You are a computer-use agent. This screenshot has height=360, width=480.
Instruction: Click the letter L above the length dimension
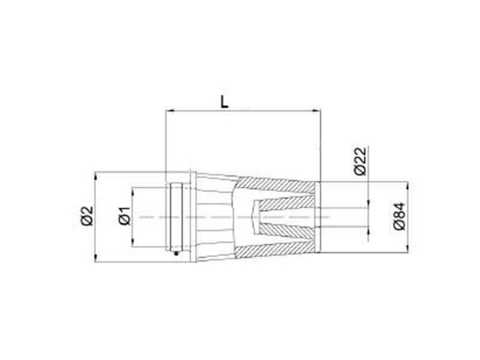click(224, 101)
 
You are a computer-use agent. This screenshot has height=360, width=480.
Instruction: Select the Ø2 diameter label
click(87, 216)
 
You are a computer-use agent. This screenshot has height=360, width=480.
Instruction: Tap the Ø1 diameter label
click(125, 216)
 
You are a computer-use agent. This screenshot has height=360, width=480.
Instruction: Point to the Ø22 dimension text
click(360, 161)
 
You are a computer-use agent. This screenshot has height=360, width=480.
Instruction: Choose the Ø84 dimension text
click(399, 216)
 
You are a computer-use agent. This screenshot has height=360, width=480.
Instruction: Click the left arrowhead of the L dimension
click(170, 110)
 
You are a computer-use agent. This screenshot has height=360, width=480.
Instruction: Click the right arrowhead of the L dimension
click(316, 110)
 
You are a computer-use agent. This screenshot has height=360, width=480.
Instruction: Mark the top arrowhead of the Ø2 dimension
click(95, 176)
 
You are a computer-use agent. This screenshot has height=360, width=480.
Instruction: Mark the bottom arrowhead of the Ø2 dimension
click(95, 258)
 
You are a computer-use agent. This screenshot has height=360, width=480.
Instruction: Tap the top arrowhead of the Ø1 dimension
click(133, 191)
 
